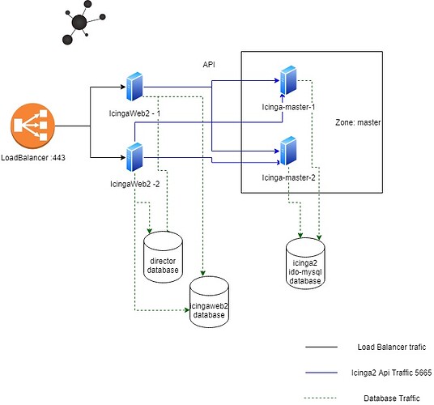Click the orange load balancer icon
[32, 126]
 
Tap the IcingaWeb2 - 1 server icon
[134, 87]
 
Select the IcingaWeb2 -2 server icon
[134, 157]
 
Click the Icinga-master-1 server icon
[288, 80]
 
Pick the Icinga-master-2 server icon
[288, 151]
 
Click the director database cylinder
[163, 257]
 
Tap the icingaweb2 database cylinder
[209, 302]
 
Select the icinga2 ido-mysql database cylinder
[305, 263]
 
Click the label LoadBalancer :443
[33, 157]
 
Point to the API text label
[209, 65]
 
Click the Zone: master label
[358, 122]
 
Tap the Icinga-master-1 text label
[288, 107]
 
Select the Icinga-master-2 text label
[288, 177]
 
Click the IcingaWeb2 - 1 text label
[134, 113]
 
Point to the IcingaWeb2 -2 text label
[134, 184]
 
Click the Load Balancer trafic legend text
[392, 347]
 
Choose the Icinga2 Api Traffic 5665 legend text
[391, 373]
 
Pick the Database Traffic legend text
[392, 398]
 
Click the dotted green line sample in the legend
[321, 398]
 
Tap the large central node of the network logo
[79, 23]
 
